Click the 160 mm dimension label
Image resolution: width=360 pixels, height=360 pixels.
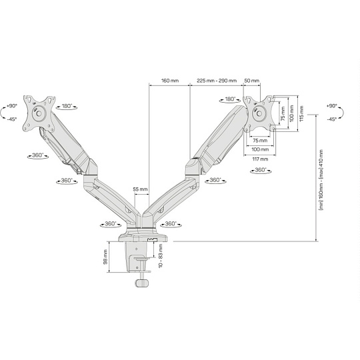[170, 81]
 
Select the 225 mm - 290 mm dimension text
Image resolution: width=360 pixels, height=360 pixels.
[216, 81]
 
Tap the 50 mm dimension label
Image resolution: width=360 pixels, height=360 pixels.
[252, 81]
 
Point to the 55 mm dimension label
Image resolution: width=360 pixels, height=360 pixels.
[140, 189]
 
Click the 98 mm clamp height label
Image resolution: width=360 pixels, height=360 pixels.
[105, 257]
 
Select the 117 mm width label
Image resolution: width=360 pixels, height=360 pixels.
[260, 159]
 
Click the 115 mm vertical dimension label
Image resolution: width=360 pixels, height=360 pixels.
[301, 113]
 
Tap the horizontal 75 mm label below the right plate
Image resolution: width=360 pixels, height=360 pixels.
[260, 140]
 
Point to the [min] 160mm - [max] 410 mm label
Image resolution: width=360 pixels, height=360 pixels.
[321, 180]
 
